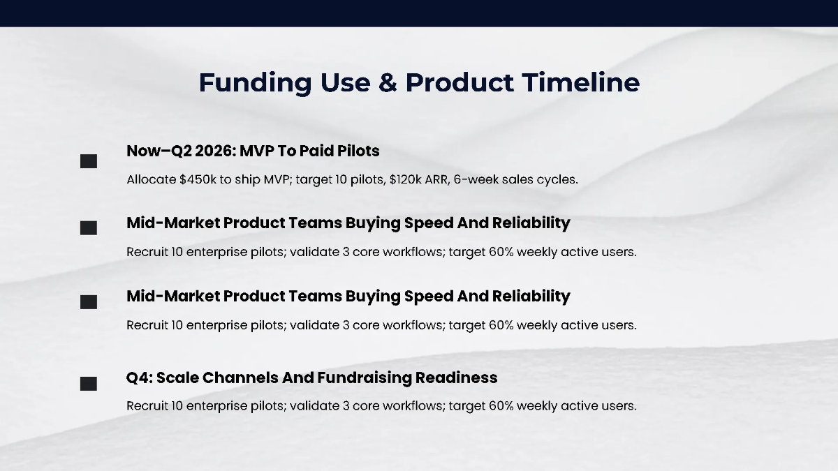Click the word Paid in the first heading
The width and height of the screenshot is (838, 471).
[x=316, y=151]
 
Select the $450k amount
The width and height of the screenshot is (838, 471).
[x=198, y=179]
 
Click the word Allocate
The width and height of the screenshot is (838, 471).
[x=151, y=179]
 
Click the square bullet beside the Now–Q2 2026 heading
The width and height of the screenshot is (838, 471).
[x=89, y=162]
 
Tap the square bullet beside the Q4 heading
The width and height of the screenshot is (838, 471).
[x=89, y=383]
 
